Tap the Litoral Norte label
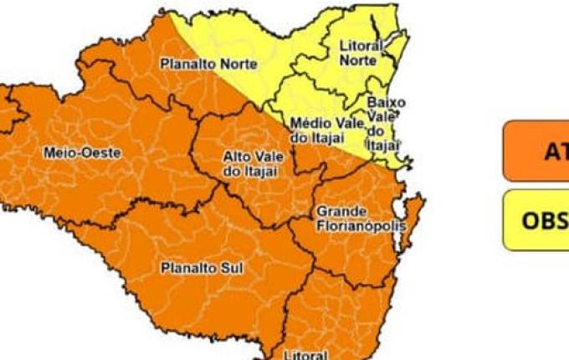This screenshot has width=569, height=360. (361, 54)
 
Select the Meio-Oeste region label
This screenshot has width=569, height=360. (81, 153)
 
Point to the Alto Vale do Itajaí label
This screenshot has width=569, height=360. (253, 164)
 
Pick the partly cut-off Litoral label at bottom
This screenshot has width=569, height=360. (305, 355)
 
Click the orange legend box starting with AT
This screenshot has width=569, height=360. (536, 151)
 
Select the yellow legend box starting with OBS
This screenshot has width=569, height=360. (536, 220)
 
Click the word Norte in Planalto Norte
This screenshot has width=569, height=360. (240, 64)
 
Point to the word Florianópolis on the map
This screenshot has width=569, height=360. (361, 226)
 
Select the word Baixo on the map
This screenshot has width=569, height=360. (387, 103)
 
